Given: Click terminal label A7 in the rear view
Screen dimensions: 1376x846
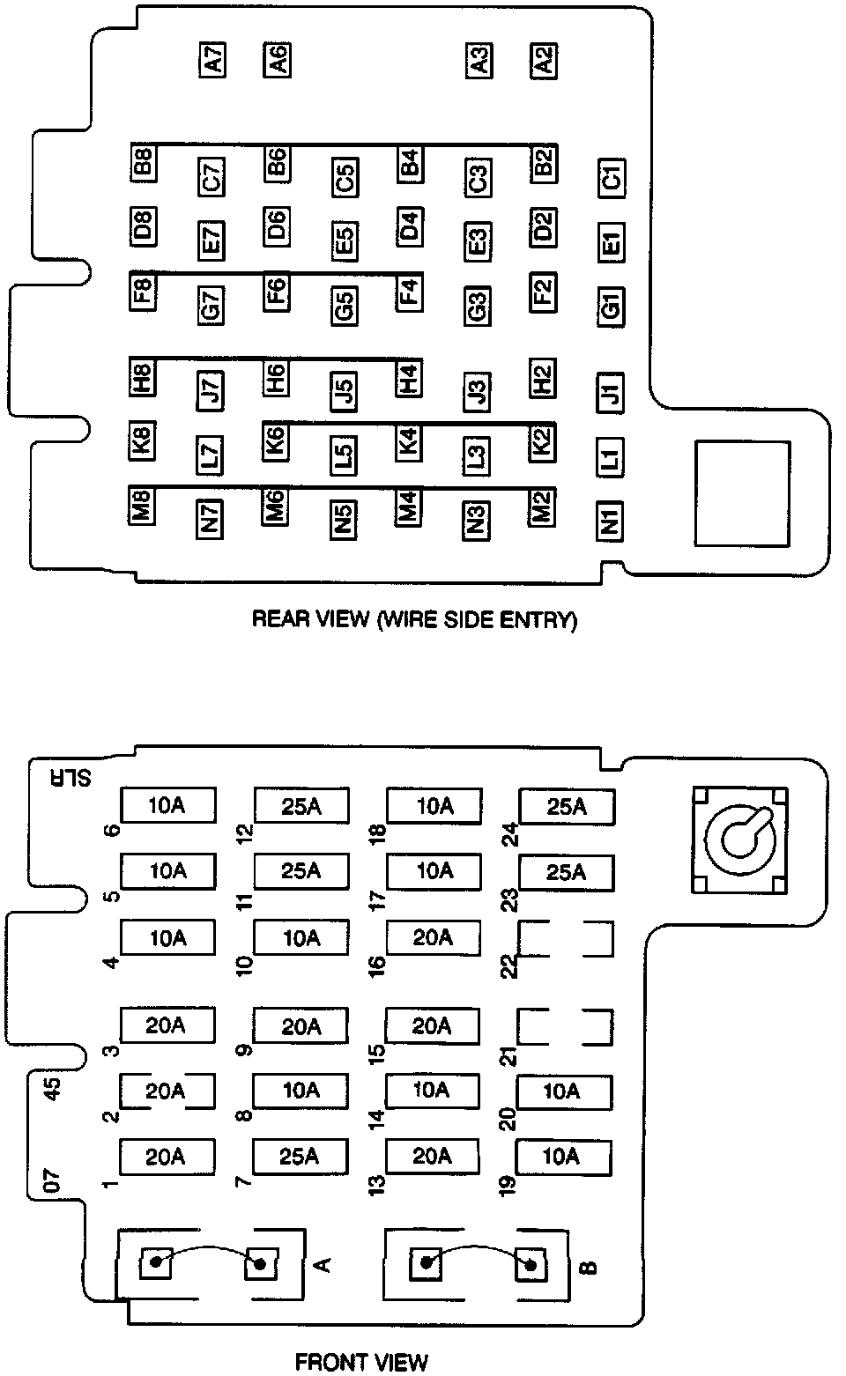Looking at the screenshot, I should pos(212,61).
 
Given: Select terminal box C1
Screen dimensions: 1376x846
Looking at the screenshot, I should pos(611,177).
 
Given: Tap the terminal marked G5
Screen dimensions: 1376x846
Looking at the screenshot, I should pos(344,305).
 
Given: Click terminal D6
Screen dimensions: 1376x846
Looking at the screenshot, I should pos(278,226).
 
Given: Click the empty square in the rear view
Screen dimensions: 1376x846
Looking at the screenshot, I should pos(743,493).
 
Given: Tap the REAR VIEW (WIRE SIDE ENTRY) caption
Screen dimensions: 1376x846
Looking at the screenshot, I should pos(414,619).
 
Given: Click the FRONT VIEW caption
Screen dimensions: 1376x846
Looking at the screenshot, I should pos(360,1362).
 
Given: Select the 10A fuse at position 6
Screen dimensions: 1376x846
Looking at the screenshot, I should pos(167,805).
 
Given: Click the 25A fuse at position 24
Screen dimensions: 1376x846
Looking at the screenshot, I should pos(567,806).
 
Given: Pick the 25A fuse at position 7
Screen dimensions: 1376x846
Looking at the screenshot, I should pos(300,1156).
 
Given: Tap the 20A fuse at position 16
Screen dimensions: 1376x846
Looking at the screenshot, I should pos(433,937).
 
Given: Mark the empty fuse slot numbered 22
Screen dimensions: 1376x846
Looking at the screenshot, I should pos(565,938).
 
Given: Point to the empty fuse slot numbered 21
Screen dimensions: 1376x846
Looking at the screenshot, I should pos(565,1026).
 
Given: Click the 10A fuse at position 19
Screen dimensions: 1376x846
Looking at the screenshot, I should pos(562,1155).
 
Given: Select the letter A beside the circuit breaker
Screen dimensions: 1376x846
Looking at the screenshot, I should pos(323,1264).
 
